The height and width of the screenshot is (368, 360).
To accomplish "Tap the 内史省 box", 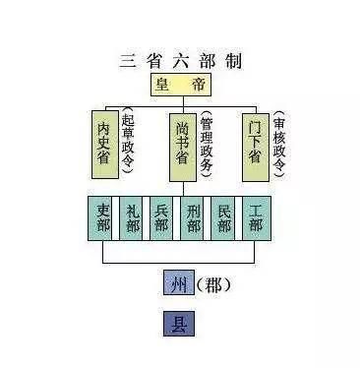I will pos(104,142).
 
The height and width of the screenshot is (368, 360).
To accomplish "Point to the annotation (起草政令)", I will pos(129,142).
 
